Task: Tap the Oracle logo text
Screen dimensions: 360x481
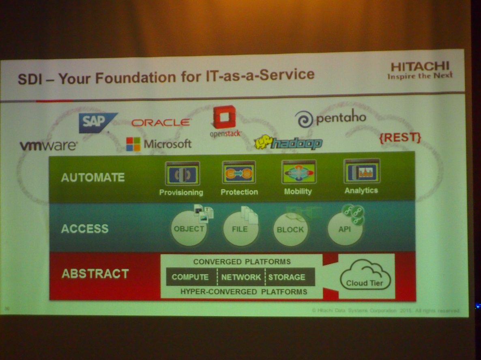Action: click(161, 122)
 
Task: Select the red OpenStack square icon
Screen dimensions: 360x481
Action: click(224, 117)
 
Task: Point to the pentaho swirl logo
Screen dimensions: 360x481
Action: click(304, 119)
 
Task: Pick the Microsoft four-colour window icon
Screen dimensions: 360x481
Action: click(133, 144)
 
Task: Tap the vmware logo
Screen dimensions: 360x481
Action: click(49, 145)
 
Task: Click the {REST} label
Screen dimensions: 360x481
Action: click(400, 138)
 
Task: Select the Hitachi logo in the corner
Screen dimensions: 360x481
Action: click(420, 70)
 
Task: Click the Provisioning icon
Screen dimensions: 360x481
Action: click(182, 174)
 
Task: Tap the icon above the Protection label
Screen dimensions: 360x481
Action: click(239, 173)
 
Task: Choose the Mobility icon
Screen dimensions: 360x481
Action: click(298, 172)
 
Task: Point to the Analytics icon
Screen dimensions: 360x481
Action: click(361, 171)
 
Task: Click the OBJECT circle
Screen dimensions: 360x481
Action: click(189, 229)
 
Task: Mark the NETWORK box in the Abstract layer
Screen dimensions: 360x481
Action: click(241, 277)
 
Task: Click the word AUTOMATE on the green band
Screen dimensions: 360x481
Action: click(93, 178)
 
